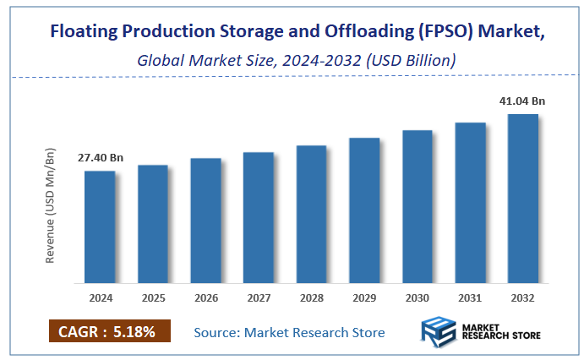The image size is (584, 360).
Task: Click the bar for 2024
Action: (x=100, y=226)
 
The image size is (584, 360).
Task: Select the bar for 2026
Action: (x=205, y=220)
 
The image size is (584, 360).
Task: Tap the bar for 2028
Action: (x=311, y=213)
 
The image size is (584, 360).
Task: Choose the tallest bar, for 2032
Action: (x=522, y=198)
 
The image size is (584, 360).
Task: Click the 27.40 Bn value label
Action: (x=101, y=158)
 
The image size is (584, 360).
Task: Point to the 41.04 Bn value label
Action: (x=522, y=101)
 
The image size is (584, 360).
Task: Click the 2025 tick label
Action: (x=153, y=298)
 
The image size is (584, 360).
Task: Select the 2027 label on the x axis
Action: (x=259, y=298)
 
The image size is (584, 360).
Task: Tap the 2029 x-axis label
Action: (x=364, y=298)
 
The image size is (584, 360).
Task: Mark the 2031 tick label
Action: (x=470, y=298)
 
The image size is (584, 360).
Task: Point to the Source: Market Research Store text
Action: (x=289, y=332)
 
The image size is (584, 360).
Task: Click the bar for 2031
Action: (x=470, y=202)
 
